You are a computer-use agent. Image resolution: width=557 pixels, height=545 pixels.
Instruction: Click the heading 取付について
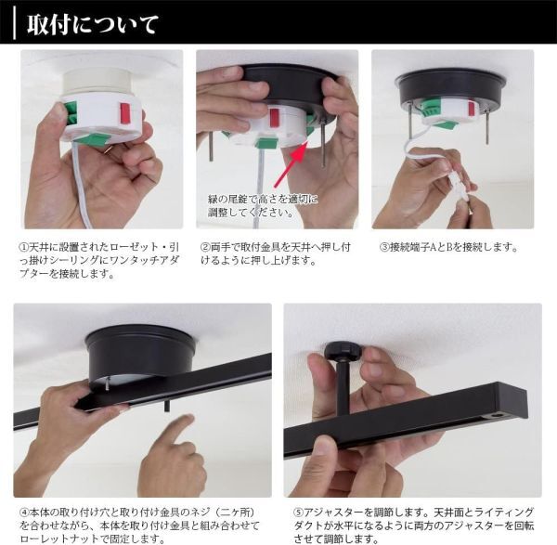[92, 24]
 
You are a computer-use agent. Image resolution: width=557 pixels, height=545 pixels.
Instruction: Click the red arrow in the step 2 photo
[290, 163]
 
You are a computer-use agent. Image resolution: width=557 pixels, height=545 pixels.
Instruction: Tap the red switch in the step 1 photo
[124, 113]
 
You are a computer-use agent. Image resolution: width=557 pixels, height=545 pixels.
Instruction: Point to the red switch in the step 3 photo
[471, 109]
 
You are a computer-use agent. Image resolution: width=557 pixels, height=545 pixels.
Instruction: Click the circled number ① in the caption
[23, 247]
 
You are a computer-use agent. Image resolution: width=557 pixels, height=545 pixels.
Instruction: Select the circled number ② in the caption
[205, 247]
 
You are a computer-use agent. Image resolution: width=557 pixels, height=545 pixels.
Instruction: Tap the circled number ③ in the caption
[384, 247]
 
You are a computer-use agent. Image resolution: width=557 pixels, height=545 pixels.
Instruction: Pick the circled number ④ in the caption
[24, 513]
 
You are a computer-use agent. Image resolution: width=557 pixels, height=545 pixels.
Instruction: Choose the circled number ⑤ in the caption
[298, 513]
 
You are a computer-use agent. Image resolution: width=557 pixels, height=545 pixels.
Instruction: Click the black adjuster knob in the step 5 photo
[343, 350]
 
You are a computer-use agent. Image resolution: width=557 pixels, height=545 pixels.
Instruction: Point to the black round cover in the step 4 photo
[140, 355]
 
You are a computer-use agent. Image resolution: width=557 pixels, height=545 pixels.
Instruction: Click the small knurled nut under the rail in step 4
[166, 407]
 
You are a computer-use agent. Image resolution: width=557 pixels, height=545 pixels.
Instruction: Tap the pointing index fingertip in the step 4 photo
[188, 420]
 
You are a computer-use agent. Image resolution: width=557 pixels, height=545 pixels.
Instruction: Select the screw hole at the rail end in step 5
[499, 415]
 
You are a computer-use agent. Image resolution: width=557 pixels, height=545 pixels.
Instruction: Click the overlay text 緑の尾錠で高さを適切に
[263, 199]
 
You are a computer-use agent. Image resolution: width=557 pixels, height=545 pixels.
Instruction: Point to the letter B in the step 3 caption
[448, 247]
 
